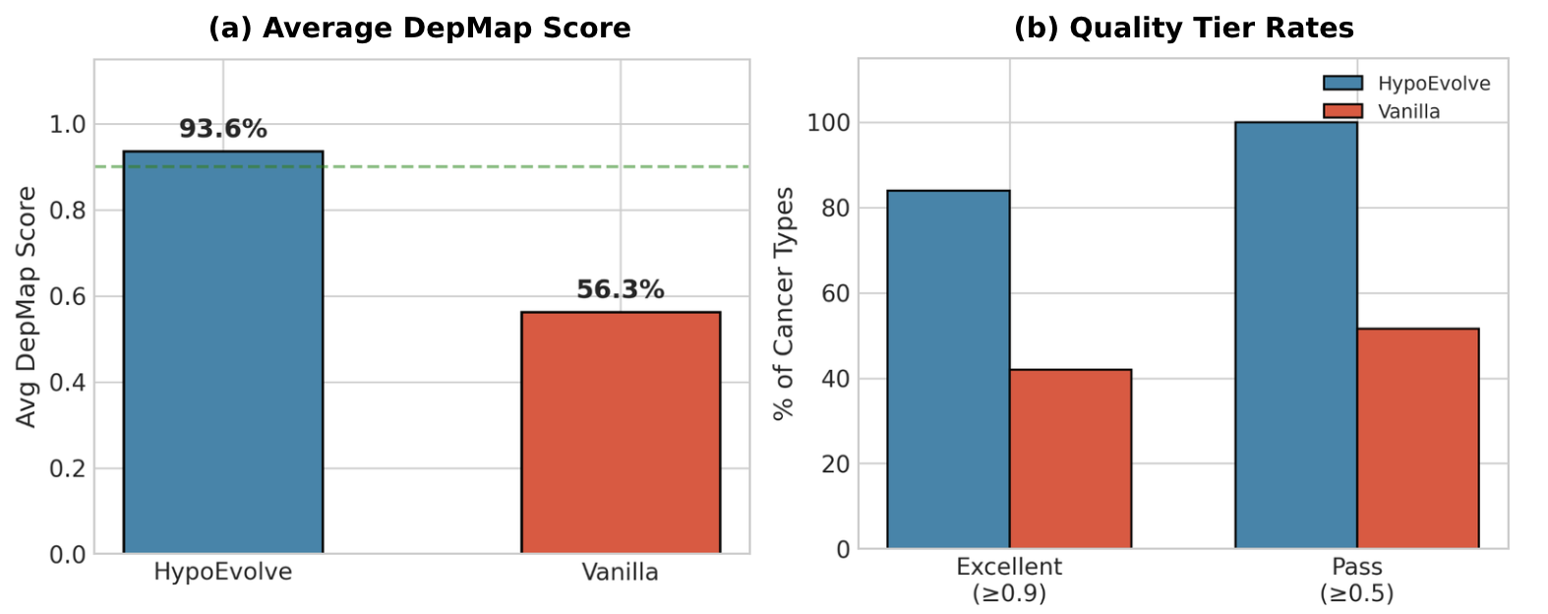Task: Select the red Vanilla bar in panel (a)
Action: (621, 433)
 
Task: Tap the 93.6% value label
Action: (223, 129)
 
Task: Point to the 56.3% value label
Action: (621, 290)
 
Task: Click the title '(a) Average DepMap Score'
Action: (420, 29)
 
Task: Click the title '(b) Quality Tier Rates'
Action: (1183, 29)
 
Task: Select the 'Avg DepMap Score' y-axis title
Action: (28, 307)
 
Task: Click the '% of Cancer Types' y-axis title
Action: (784, 304)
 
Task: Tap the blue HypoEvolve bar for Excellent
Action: (948, 369)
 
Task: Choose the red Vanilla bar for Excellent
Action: (1070, 459)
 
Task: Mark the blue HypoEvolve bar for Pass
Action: (1296, 335)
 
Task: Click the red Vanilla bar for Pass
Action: (1418, 438)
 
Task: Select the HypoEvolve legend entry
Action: (1406, 84)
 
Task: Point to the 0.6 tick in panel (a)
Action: (68, 296)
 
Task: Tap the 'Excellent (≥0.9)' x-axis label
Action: (1009, 580)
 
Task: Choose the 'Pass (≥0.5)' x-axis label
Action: (1357, 580)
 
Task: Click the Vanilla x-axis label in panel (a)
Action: (621, 573)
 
